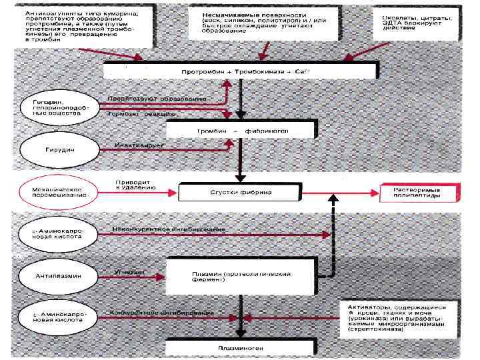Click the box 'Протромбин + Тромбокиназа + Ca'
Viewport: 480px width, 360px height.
coord(241,71)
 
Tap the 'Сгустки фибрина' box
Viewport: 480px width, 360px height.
coord(241,192)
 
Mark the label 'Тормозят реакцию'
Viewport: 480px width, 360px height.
coord(143,114)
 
